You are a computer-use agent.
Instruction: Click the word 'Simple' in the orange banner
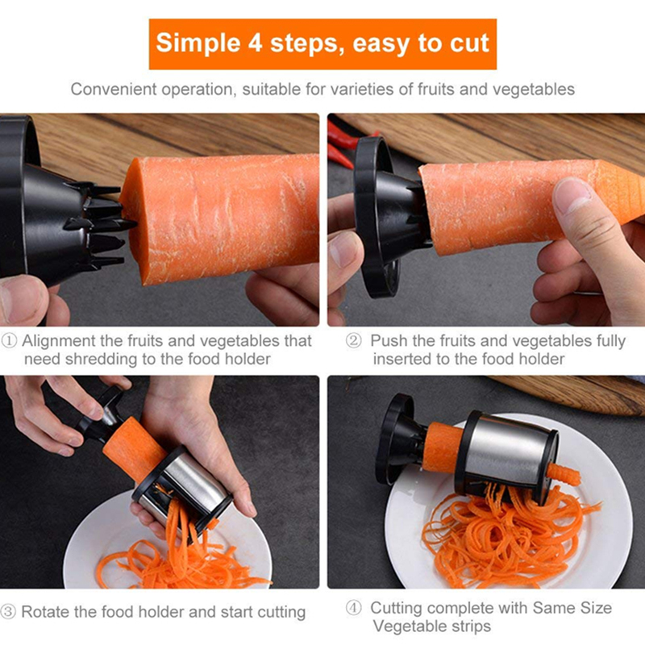pyautogui.click(x=198, y=44)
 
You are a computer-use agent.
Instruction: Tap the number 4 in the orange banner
pyautogui.click(x=256, y=43)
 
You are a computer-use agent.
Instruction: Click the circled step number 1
pyautogui.click(x=9, y=341)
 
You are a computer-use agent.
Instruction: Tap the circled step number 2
pyautogui.click(x=353, y=341)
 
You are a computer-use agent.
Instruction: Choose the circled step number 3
pyautogui.click(x=8, y=612)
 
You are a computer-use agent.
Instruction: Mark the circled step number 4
pyautogui.click(x=353, y=608)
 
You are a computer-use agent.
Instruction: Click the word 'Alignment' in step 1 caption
pyautogui.click(x=58, y=341)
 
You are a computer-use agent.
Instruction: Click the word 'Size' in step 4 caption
pyautogui.click(x=596, y=608)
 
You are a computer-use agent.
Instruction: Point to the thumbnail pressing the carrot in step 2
pyautogui.click(x=571, y=195)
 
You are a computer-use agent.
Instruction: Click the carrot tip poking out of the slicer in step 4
pyautogui.click(x=563, y=474)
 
